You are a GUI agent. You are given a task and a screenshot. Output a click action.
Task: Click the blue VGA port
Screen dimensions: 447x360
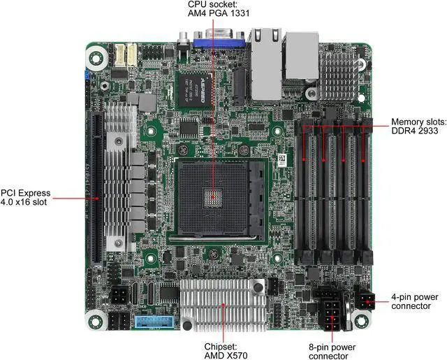[219, 43]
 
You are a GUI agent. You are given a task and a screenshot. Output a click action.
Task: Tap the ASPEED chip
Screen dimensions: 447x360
[195, 89]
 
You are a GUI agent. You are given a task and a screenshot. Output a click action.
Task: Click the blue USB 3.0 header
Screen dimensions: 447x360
[154, 322]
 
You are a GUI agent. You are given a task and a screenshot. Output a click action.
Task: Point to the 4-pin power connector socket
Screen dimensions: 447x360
[365, 302]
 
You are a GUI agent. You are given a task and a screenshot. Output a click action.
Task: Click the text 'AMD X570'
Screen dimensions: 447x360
[226, 355]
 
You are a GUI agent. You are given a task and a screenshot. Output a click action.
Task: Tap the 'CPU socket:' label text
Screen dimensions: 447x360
[212, 4]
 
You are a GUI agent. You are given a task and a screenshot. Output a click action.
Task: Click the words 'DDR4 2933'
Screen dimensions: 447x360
[414, 131]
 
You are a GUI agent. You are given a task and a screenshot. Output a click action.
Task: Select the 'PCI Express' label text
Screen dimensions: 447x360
[25, 193]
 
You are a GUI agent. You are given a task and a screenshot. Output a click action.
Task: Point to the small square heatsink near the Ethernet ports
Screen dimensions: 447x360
[339, 76]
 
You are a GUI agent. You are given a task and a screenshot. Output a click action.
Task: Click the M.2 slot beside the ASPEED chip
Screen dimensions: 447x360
[239, 86]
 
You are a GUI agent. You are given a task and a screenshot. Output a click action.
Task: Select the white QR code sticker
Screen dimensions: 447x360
[281, 161]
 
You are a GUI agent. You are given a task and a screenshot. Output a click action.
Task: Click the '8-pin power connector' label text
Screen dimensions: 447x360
[332, 352]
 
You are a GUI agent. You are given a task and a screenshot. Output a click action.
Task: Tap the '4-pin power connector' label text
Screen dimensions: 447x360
[414, 301]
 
